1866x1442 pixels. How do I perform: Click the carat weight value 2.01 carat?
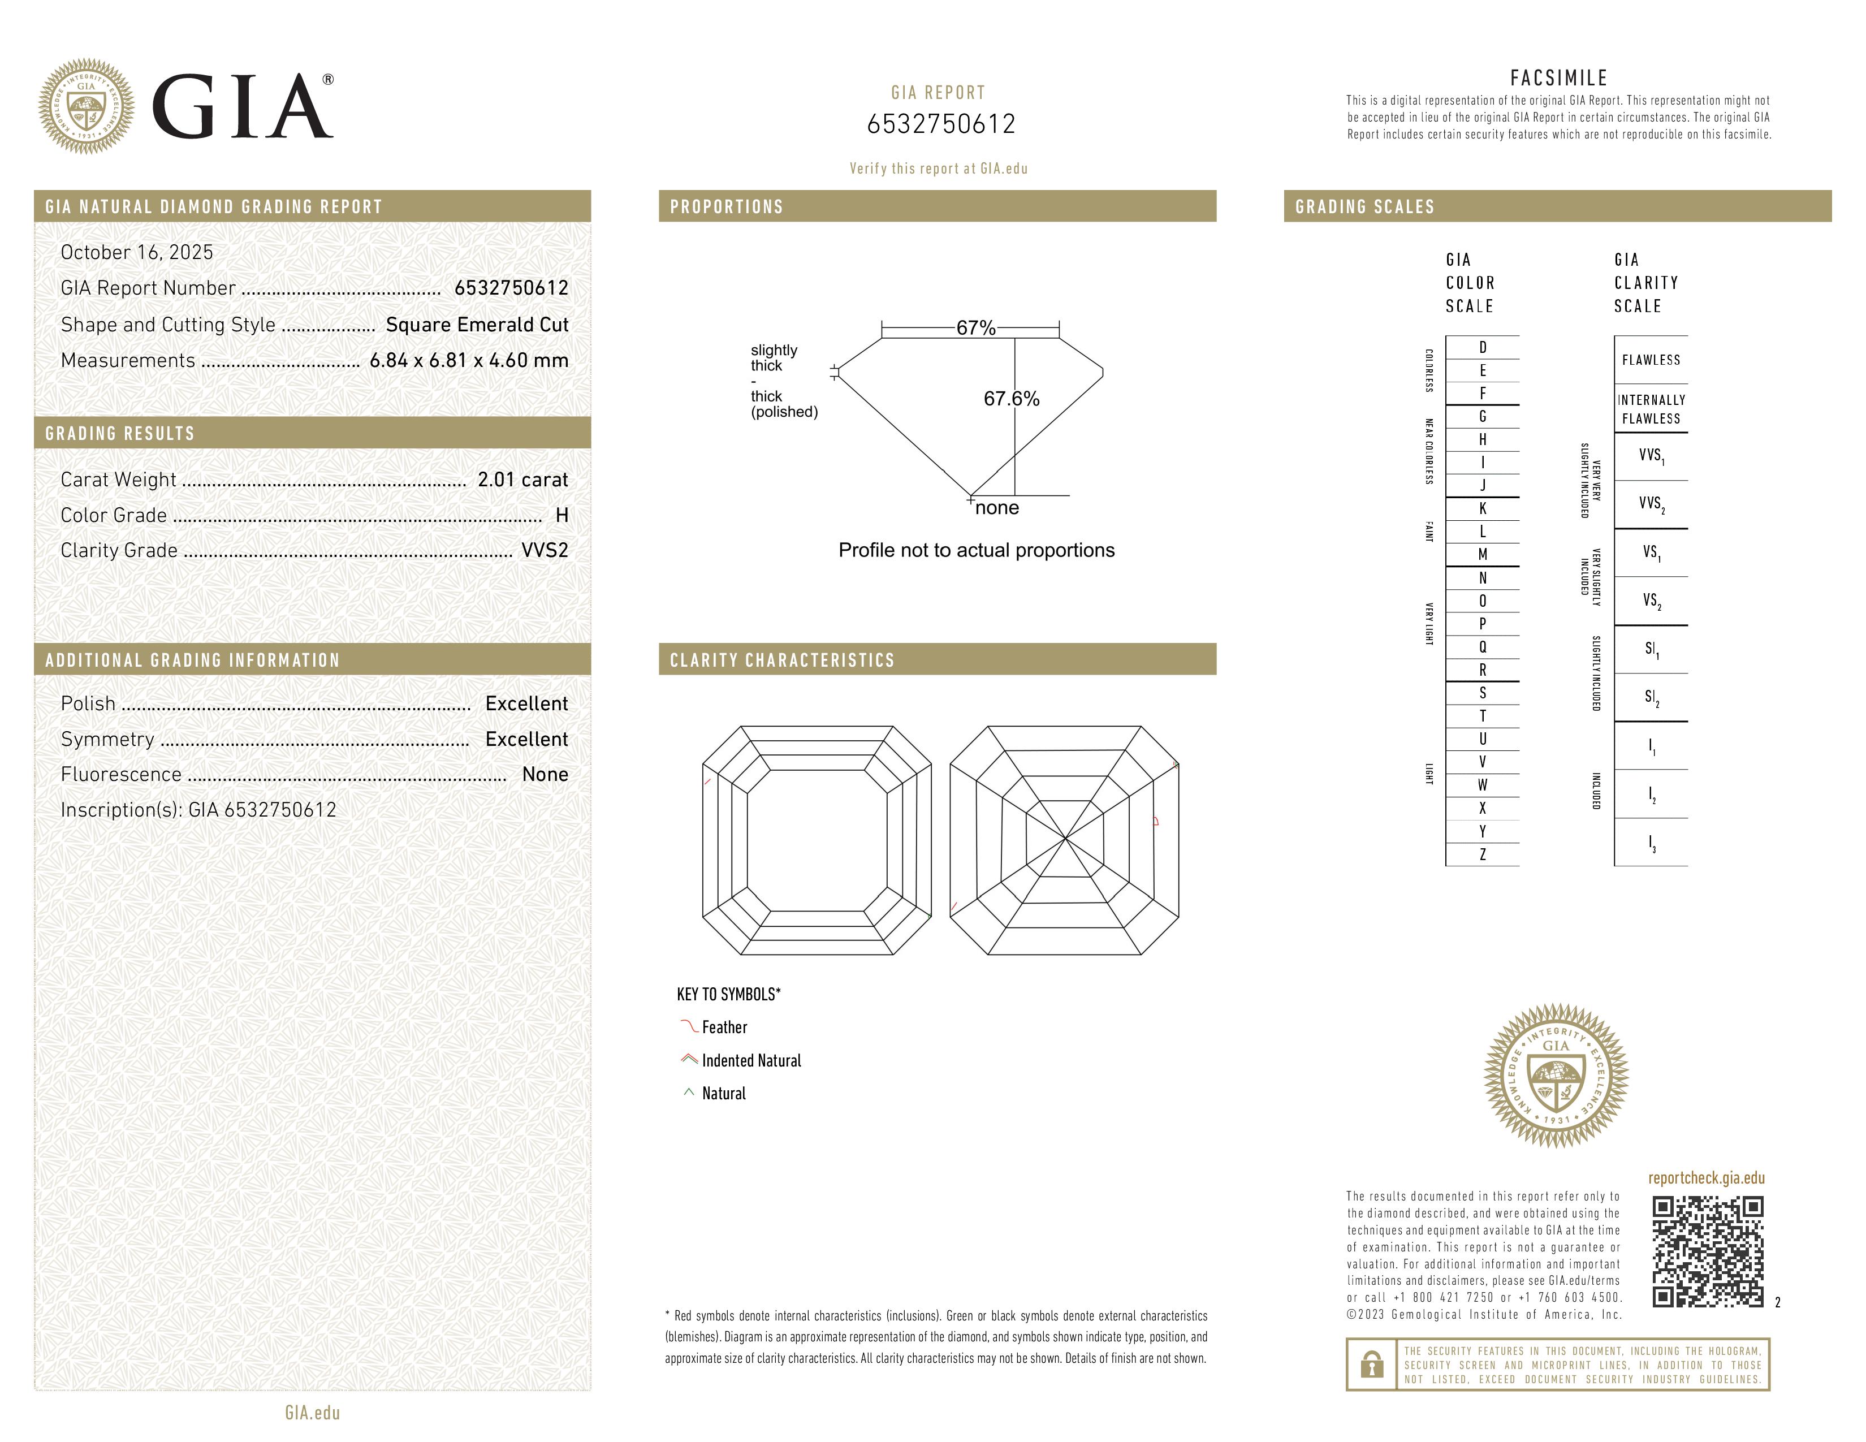pyautogui.click(x=522, y=480)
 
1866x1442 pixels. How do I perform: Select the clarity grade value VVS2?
pyautogui.click(x=544, y=550)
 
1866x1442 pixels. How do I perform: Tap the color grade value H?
pyautogui.click(x=561, y=515)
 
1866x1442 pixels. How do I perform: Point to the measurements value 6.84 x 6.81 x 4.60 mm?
pyautogui.click(x=468, y=361)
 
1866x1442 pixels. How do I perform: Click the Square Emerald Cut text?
pyautogui.click(x=477, y=325)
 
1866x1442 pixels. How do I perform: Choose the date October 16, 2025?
pyautogui.click(x=137, y=252)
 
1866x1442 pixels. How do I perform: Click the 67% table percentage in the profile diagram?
pyautogui.click(x=976, y=328)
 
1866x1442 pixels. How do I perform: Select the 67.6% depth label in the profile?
pyautogui.click(x=1011, y=399)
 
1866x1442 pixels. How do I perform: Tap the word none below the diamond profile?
pyautogui.click(x=997, y=508)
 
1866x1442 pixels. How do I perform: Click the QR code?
pyautogui.click(x=1707, y=1251)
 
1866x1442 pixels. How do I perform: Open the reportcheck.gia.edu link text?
pyautogui.click(x=1706, y=1178)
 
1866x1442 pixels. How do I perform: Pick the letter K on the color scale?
pyautogui.click(x=1483, y=508)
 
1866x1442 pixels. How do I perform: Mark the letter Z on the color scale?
pyautogui.click(x=1483, y=854)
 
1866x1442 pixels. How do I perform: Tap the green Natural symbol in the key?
pyautogui.click(x=689, y=1093)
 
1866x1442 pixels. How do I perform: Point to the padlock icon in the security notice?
pyautogui.click(x=1371, y=1365)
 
